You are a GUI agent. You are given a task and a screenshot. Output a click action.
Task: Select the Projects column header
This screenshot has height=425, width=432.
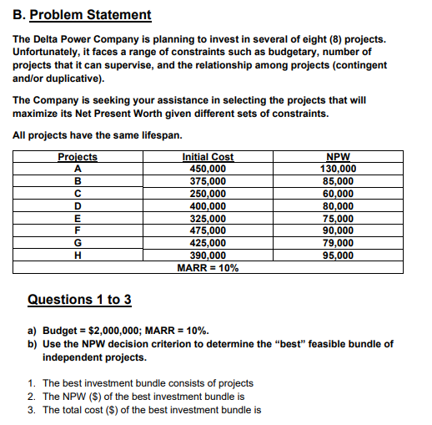tap(78, 157)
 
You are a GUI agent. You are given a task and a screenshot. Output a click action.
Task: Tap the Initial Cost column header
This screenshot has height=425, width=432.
tap(208, 157)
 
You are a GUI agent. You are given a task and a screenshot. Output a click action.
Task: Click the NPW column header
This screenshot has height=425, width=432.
tap(338, 157)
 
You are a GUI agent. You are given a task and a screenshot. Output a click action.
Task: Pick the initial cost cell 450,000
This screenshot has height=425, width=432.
tap(208, 169)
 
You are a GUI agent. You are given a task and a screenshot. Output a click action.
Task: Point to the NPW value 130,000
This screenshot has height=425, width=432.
tap(338, 169)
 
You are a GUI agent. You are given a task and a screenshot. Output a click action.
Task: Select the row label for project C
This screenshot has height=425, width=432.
tap(78, 193)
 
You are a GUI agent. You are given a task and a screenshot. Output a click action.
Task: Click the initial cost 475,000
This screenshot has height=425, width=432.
tap(208, 230)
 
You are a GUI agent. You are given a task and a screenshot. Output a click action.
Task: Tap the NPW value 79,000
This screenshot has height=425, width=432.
tap(338, 243)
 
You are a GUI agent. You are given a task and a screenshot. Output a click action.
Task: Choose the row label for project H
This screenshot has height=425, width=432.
tap(78, 256)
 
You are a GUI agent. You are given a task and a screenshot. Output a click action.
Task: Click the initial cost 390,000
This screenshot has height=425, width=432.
tap(208, 256)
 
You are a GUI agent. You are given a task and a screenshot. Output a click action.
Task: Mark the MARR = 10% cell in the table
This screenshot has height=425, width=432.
tap(208, 268)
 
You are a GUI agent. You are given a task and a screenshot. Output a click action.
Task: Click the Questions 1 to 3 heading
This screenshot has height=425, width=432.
tap(79, 299)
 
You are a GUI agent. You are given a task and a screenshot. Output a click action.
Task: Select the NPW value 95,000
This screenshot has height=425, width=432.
tap(338, 256)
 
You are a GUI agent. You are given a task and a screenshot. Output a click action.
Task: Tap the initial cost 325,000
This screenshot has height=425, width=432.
tap(208, 218)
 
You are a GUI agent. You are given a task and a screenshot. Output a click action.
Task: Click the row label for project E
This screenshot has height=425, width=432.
tap(78, 218)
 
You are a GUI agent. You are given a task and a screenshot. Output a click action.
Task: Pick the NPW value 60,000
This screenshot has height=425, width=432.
tap(338, 193)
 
